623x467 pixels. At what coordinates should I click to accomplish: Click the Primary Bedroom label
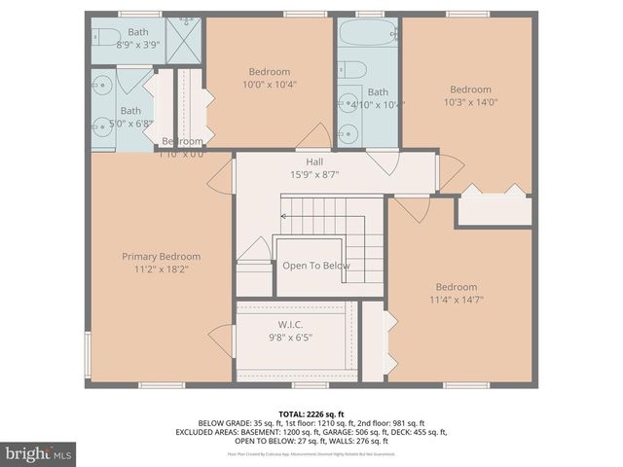click(x=161, y=257)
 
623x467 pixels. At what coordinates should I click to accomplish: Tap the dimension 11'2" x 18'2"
click(x=161, y=269)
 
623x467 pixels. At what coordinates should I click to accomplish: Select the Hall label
click(x=314, y=162)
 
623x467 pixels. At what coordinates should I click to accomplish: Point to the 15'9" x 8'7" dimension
click(x=314, y=175)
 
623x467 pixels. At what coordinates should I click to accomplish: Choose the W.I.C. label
click(x=291, y=325)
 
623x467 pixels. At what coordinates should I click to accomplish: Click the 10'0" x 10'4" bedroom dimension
click(x=269, y=85)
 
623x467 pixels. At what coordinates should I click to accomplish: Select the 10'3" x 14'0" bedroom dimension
click(x=470, y=102)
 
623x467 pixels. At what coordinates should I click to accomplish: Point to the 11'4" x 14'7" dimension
click(x=456, y=300)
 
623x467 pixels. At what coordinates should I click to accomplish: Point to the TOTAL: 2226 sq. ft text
click(x=311, y=413)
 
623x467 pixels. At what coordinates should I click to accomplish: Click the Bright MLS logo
click(x=39, y=453)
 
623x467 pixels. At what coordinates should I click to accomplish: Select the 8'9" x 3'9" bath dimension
click(x=137, y=45)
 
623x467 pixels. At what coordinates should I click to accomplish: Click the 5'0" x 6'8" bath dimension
click(x=129, y=124)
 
